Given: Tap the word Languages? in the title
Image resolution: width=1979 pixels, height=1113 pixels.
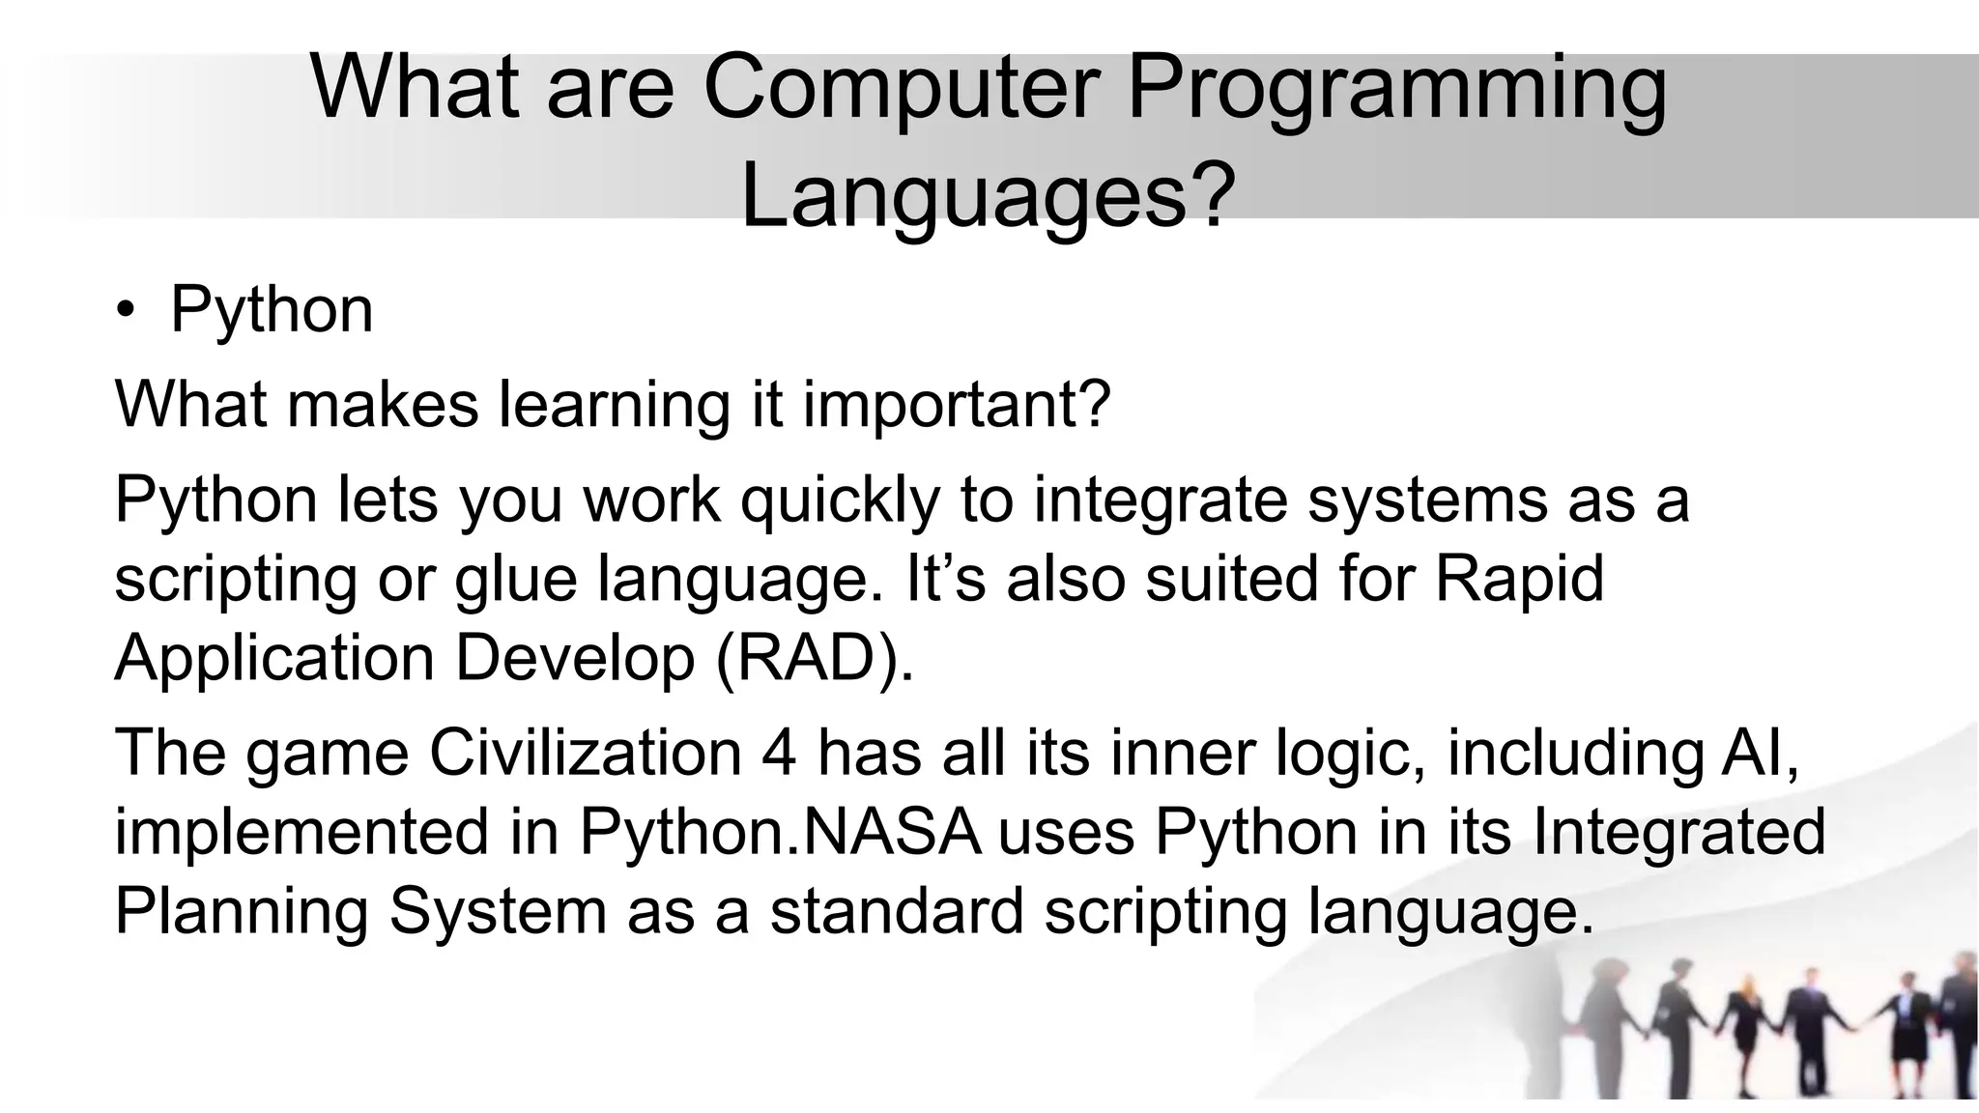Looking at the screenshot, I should [x=988, y=197].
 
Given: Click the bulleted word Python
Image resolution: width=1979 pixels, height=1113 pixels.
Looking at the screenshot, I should [x=271, y=311].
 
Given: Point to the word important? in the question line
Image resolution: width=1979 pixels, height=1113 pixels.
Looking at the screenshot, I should [x=958, y=406].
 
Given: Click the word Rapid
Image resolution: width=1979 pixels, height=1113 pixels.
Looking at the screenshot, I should [x=1519, y=580].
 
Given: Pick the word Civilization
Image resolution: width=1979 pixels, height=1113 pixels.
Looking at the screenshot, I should [x=585, y=753].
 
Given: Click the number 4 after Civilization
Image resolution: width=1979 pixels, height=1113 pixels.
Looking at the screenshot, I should [x=779, y=753].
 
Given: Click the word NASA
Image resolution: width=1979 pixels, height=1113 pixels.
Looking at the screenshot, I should [x=892, y=832].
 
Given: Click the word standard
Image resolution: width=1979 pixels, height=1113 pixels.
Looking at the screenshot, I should [x=896, y=911].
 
